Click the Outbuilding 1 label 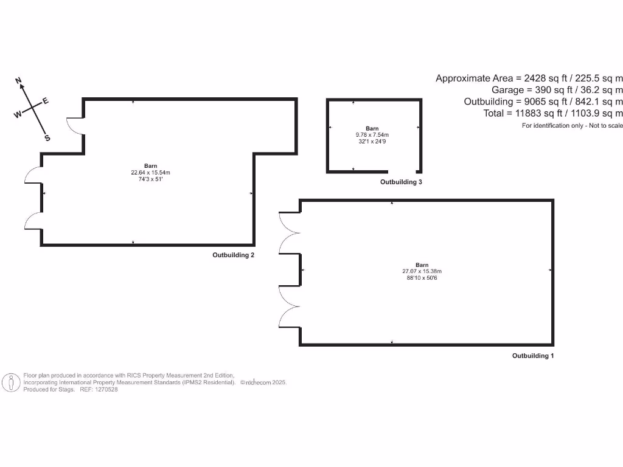pyautogui.click(x=533, y=356)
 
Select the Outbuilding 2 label pyautogui.click(x=233, y=255)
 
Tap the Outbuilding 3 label pyautogui.click(x=401, y=182)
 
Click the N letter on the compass pyautogui.click(x=19, y=81)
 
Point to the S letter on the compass pyautogui.click(x=47, y=138)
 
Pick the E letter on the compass pyautogui.click(x=45, y=101)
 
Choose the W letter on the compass pyautogui.click(x=18, y=114)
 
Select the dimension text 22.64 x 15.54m pyautogui.click(x=150, y=173)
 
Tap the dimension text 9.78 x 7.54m pyautogui.click(x=372, y=135)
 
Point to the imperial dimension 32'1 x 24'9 pyautogui.click(x=372, y=141)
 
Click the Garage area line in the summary pyautogui.click(x=557, y=90)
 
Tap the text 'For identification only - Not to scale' pyautogui.click(x=572, y=126)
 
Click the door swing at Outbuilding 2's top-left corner pyautogui.click(x=75, y=125)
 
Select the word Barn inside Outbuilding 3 pyautogui.click(x=372, y=129)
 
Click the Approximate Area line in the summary pyautogui.click(x=529, y=78)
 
